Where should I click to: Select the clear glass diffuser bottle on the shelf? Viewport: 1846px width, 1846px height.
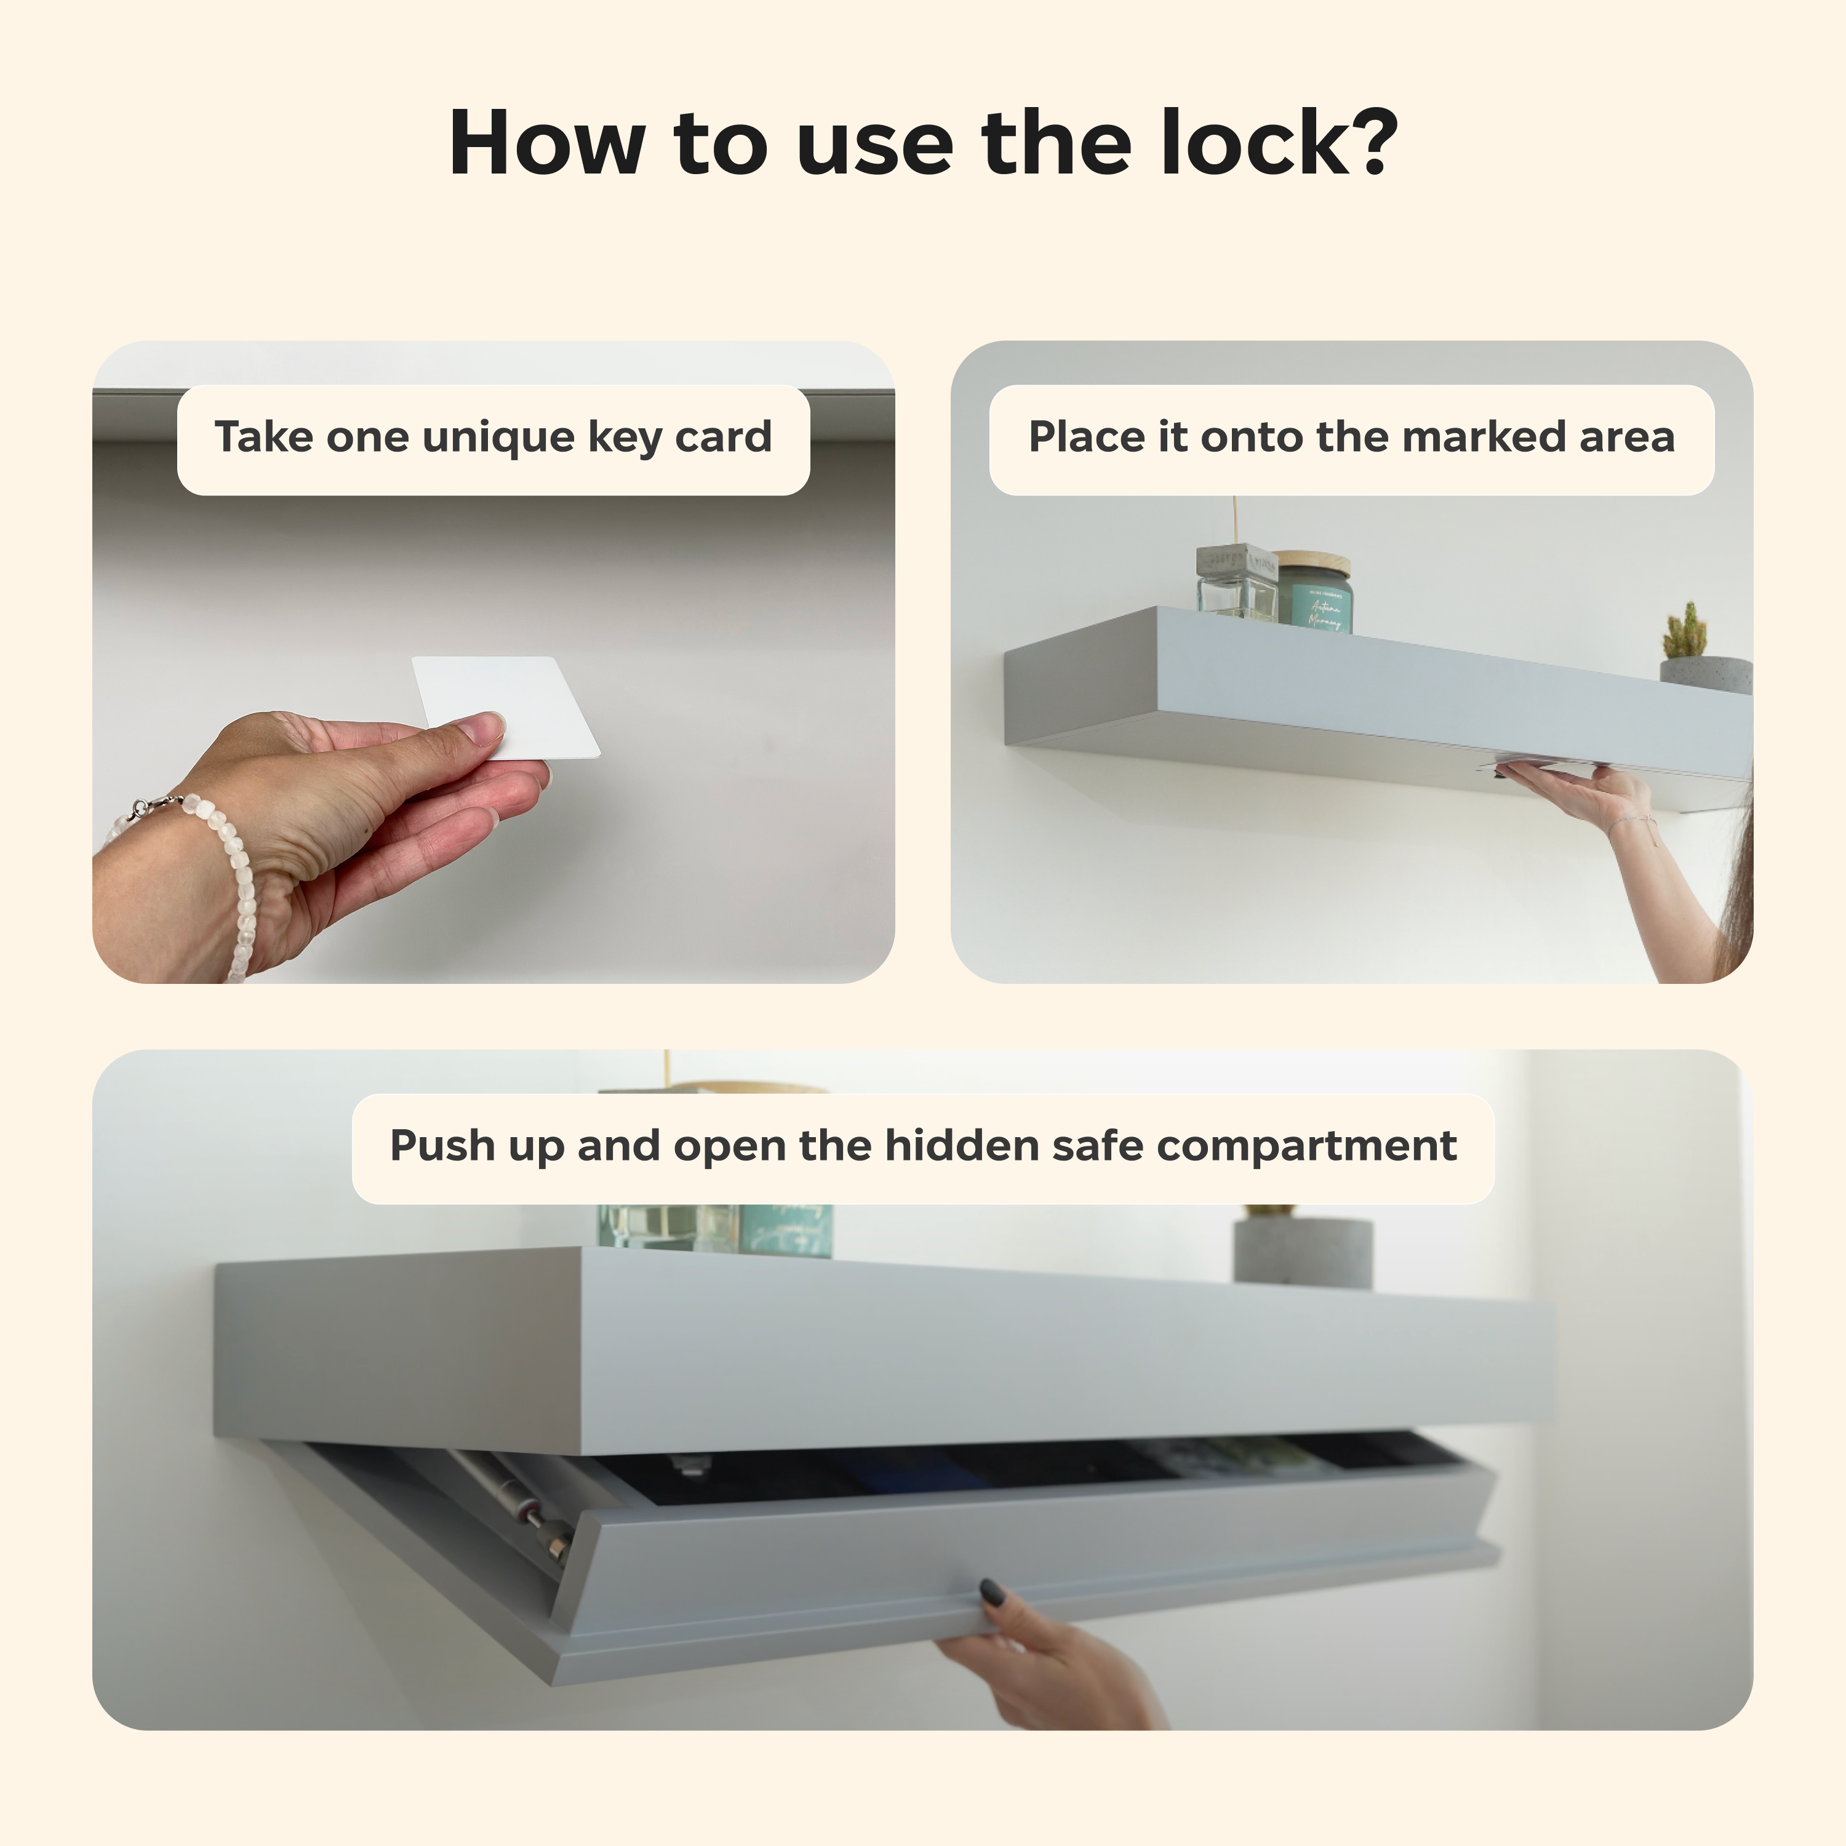pyautogui.click(x=1236, y=588)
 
